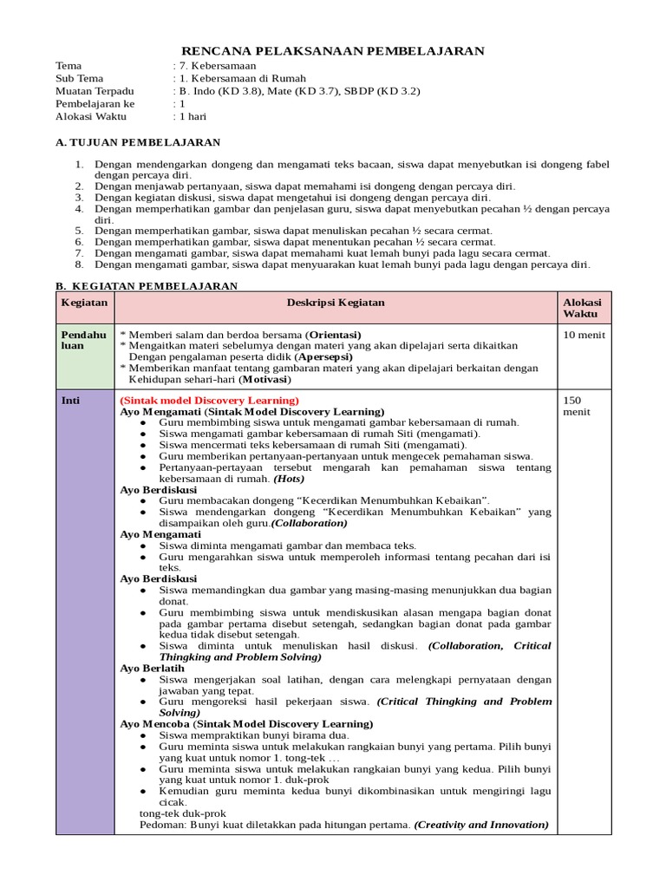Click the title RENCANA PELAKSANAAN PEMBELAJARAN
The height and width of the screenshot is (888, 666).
tap(332, 51)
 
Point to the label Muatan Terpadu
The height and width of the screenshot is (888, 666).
tap(95, 90)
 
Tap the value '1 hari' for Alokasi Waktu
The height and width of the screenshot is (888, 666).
tap(192, 115)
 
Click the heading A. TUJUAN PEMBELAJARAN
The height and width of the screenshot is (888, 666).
tap(138, 142)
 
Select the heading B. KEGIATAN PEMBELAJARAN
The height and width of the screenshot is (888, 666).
tap(147, 285)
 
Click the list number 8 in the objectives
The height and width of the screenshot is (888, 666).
tap(78, 264)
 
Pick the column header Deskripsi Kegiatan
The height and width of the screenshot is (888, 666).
tap(336, 303)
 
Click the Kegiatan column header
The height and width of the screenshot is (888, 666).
tap(84, 303)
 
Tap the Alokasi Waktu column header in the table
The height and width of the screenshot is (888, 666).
tap(582, 308)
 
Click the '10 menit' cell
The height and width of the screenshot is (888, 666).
tap(584, 335)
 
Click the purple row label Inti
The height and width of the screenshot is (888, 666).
tap(70, 401)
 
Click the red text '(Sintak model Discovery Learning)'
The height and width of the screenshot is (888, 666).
tap(209, 400)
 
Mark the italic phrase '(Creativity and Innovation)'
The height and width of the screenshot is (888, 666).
tap(481, 825)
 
